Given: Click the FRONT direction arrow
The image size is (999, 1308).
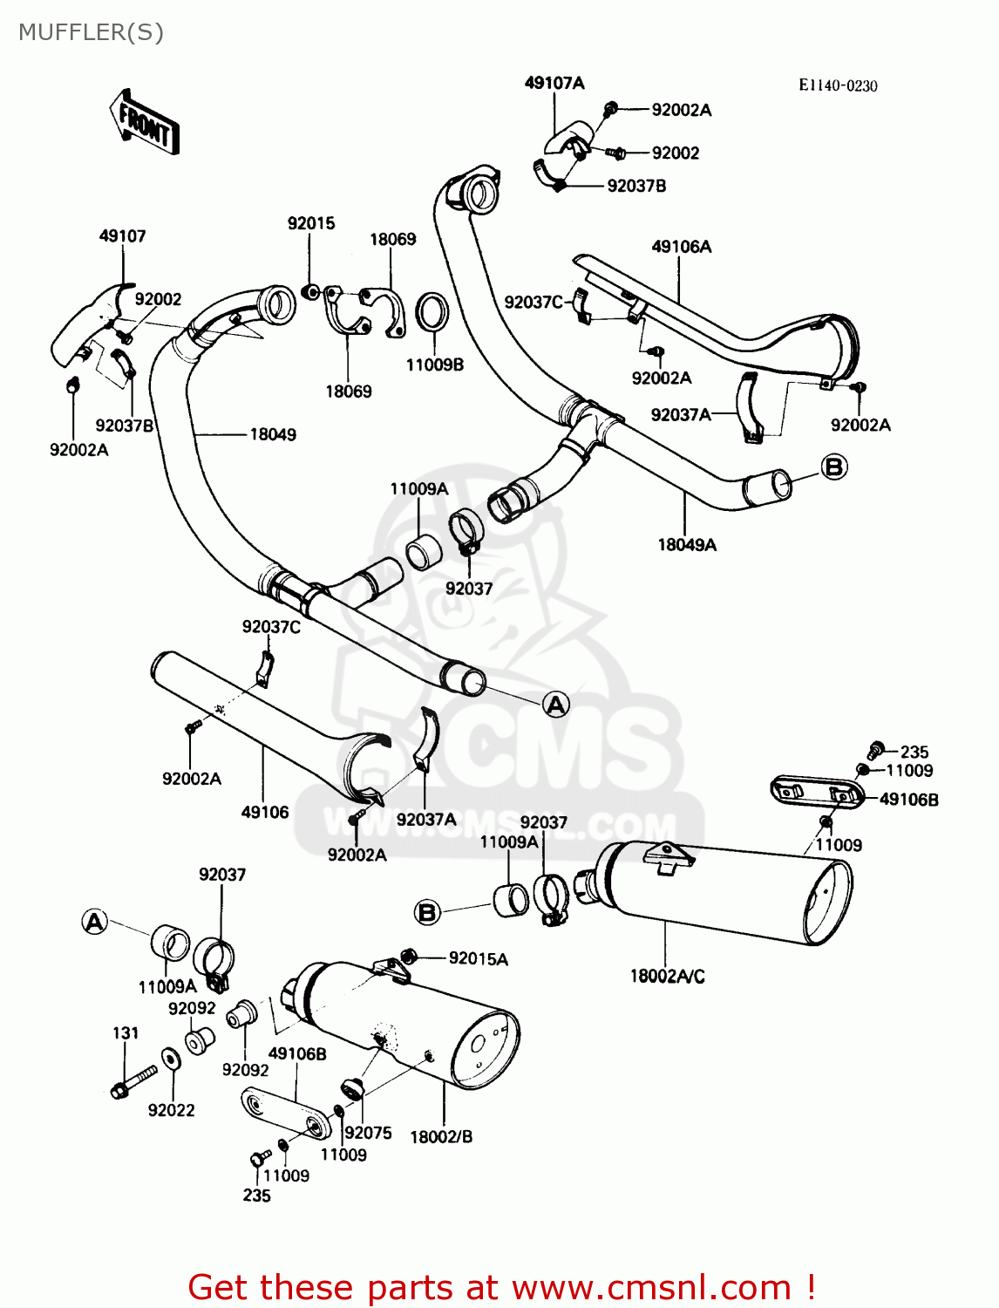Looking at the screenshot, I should coord(145,124).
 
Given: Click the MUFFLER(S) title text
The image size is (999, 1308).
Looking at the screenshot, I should coord(91,32).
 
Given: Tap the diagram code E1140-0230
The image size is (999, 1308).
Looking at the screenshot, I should coord(838,85).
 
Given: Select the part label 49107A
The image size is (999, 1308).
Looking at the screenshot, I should coord(554,83).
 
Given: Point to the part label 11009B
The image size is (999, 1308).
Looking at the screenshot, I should coord(434,364).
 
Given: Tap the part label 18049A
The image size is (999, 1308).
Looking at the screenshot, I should coord(687,545).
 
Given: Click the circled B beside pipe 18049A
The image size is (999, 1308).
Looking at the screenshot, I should coord(834,467).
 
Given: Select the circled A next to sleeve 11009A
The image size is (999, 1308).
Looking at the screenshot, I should coord(95,922).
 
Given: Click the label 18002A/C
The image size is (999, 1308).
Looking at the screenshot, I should coord(667,976).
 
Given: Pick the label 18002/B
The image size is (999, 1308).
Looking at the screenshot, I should coord(441,1136).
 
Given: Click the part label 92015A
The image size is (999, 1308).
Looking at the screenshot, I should coord(478,959).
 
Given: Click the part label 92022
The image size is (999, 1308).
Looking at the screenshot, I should coord(171,1110).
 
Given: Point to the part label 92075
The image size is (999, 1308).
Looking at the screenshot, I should coord(368,1133).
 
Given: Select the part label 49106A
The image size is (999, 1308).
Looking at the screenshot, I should coord(682,247).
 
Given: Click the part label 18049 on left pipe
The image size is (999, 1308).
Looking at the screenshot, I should coord(273,434).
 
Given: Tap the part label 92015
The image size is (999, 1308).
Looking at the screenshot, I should coord(311,223).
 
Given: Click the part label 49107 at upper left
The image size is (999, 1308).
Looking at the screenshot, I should coord(122,235).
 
